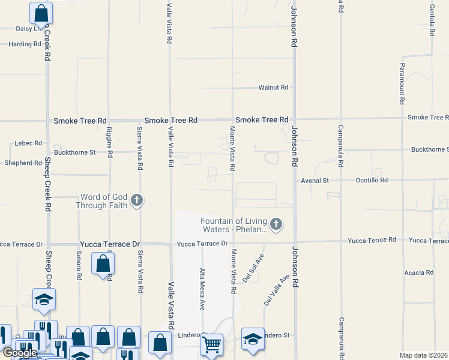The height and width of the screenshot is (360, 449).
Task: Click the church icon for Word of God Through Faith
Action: coord(137,200)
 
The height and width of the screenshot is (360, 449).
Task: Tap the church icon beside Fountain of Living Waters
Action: coord(276,225)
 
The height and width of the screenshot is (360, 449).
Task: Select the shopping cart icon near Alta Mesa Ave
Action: coord(211,345)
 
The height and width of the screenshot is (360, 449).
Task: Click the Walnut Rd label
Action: coord(273,88)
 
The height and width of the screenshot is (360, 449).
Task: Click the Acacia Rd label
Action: coord(419,272)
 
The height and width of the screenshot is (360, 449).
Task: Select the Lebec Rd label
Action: coord(29,143)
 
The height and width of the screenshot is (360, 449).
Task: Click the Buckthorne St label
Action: coord(75,152)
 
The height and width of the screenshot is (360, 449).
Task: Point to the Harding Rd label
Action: coord(25,44)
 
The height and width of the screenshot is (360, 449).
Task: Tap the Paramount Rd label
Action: coord(403,84)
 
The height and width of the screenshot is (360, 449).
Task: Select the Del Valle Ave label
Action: coord(276,289)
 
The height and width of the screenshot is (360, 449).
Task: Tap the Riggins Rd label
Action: coord(110,142)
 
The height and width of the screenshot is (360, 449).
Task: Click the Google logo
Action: coord(19,353)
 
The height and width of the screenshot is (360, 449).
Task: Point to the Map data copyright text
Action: coord(424,355)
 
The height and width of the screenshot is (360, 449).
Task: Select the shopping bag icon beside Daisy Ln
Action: coord(41,12)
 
